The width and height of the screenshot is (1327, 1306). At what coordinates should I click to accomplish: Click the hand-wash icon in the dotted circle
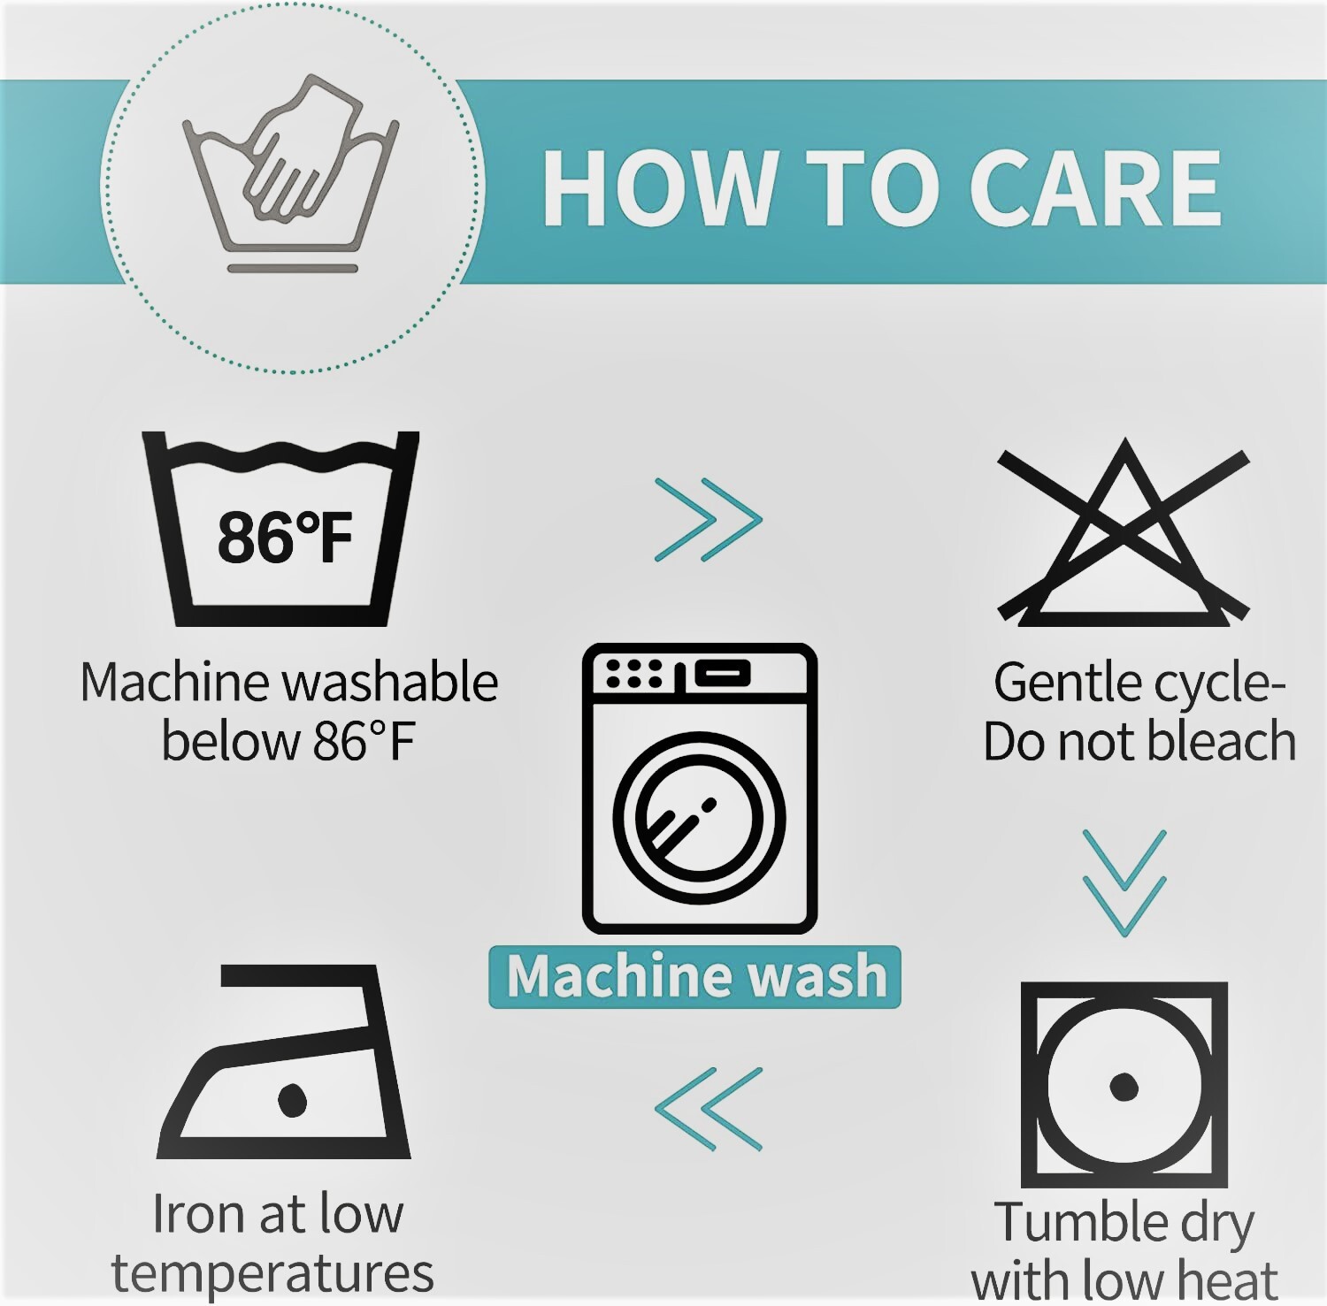pos(289,173)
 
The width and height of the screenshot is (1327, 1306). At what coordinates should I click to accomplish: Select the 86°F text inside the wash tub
pos(285,537)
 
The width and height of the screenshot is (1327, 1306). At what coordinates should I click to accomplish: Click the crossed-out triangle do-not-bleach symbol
pos(1124,532)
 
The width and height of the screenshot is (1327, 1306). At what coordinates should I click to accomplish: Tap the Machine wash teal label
pos(695,976)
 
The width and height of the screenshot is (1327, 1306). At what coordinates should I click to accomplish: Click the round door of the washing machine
pos(699,818)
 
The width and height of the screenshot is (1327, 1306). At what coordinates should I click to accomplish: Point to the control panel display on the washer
pos(723,673)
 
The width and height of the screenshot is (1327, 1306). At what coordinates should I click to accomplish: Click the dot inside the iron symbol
pos(292,1099)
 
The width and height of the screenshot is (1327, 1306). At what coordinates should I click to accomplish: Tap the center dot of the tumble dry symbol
pos(1124,1086)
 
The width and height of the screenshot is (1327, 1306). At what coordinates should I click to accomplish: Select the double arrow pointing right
pos(708,520)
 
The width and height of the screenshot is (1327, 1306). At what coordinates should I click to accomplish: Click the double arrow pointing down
pos(1124,882)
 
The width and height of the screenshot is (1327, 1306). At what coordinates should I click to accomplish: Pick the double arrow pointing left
pos(708,1109)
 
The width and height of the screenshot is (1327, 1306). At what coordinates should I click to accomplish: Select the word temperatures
pos(272,1274)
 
